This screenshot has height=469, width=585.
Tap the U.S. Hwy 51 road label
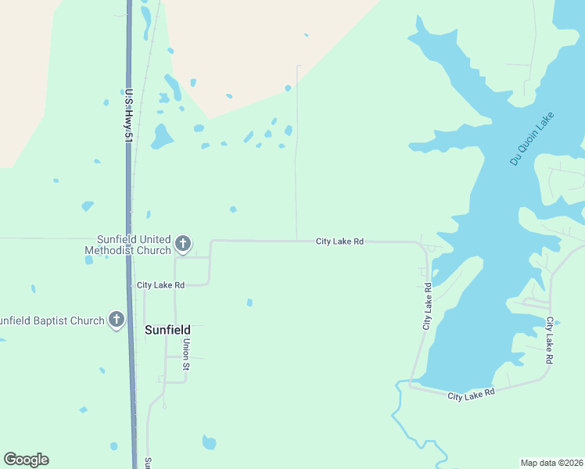[128, 115]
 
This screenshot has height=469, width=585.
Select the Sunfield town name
[167, 330]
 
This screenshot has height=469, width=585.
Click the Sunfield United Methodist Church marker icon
[183, 244]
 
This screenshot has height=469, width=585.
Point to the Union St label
[186, 353]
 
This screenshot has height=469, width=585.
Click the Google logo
[26, 460]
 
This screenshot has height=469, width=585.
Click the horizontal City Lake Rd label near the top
[339, 242]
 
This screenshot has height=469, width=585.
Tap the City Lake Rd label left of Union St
[160, 285]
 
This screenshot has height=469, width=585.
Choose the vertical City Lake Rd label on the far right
[550, 340]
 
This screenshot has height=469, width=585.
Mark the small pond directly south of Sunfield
[209, 442]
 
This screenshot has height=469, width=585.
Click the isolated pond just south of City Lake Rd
[249, 303]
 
